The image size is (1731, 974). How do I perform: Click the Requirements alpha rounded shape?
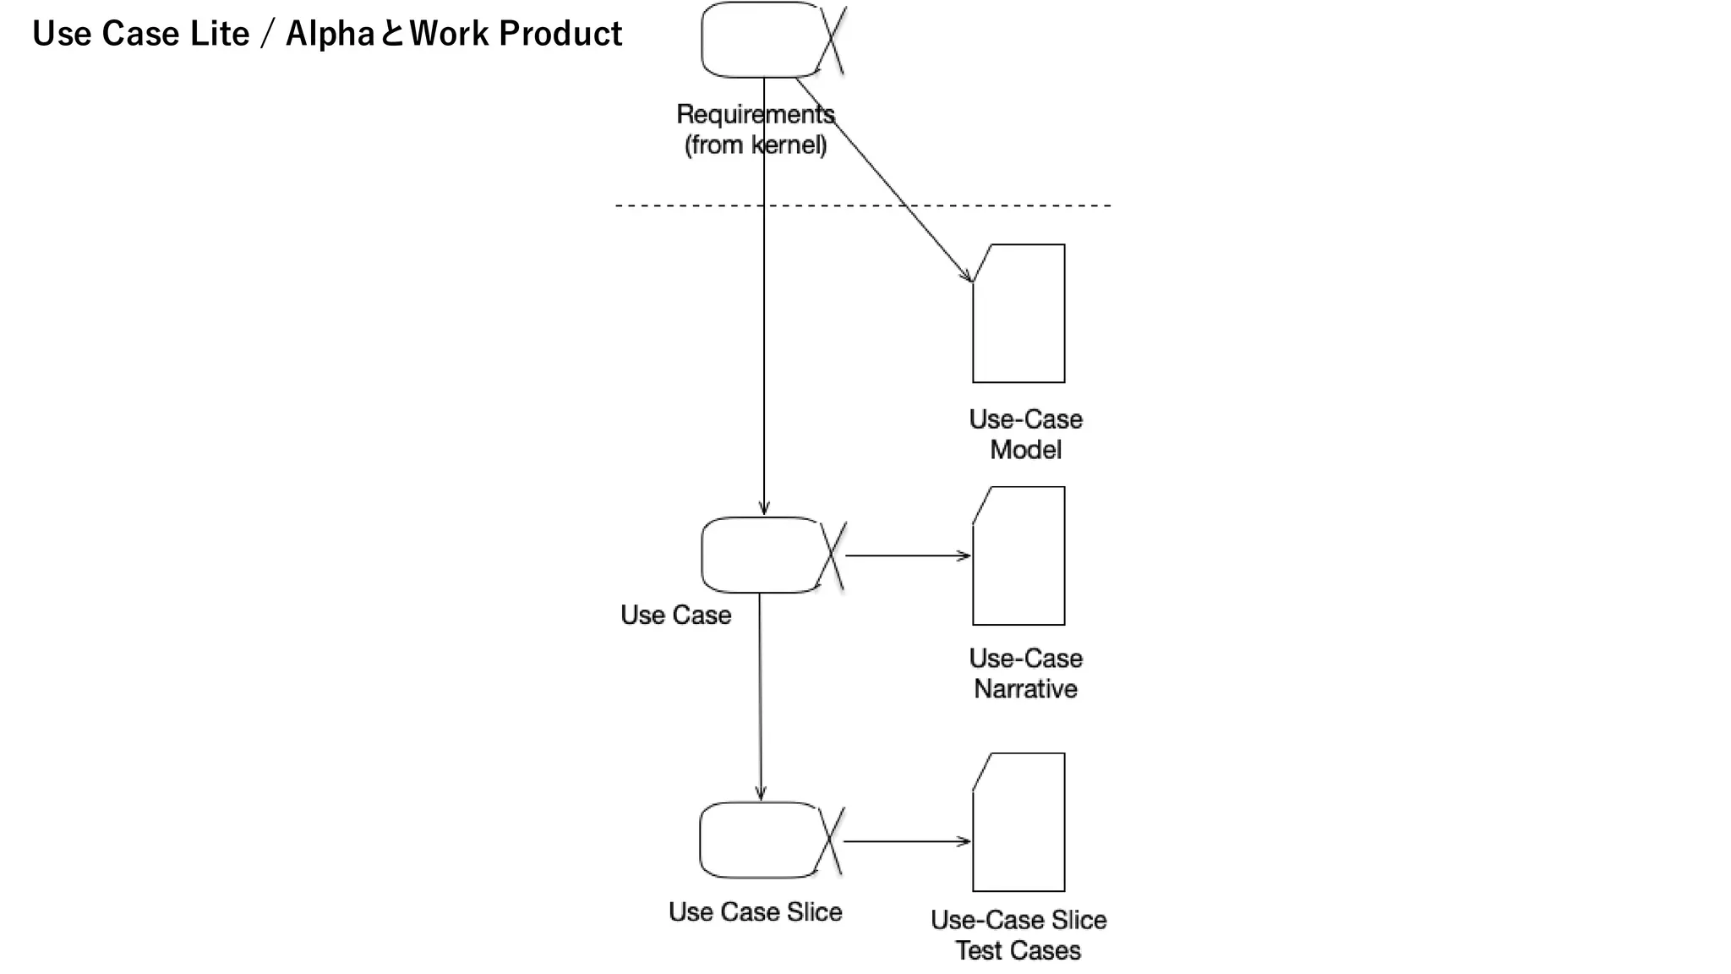coord(761,40)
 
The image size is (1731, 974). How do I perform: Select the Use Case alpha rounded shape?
coord(761,555)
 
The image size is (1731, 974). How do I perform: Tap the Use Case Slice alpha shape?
coord(759,840)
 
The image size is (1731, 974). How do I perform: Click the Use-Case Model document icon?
coord(1019,315)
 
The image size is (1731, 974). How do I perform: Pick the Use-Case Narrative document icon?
coord(1019,556)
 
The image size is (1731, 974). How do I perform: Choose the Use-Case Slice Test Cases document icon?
coord(1019,823)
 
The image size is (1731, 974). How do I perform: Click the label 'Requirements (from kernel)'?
coord(756,129)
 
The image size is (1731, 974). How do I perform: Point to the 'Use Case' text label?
coord(675,615)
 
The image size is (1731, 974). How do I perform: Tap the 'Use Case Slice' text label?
coord(755,911)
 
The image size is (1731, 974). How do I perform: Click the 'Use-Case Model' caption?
coord(1025,435)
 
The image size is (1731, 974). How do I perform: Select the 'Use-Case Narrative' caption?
coord(1025,674)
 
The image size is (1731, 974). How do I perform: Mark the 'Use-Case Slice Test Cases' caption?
coord(1018,935)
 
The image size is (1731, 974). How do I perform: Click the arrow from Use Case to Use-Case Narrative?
coord(908,555)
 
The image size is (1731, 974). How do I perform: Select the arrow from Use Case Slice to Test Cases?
coord(906,841)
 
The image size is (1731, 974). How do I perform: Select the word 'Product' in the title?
coord(560,34)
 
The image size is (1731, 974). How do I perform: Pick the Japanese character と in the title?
coord(392,35)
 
